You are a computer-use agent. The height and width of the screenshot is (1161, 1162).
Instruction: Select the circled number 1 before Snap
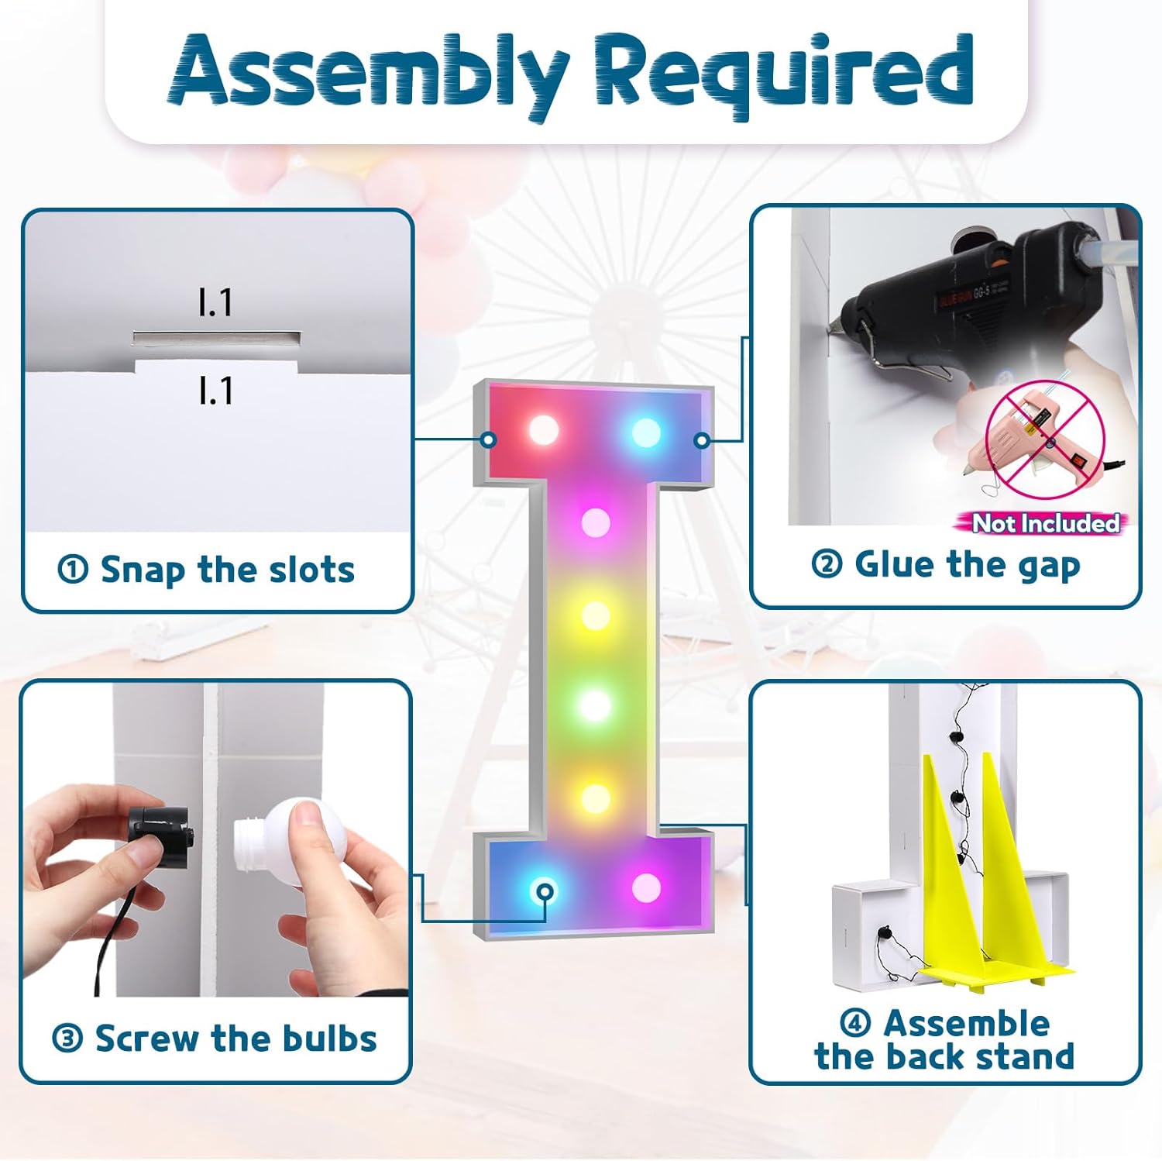tap(73, 570)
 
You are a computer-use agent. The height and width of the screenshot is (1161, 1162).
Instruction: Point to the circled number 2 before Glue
tap(827, 564)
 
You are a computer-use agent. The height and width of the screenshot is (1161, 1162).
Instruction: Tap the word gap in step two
tap(1047, 567)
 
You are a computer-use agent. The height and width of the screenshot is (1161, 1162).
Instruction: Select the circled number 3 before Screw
tap(67, 1039)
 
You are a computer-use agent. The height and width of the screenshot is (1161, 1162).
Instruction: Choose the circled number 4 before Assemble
tap(855, 1023)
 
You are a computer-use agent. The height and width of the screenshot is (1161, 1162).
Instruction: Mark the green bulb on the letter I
tap(596, 705)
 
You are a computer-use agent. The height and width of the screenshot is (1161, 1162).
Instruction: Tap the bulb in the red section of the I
tap(543, 429)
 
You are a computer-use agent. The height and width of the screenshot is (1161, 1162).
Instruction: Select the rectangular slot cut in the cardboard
tap(217, 339)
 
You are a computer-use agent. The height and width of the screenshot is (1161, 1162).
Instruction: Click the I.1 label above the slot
tap(215, 301)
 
